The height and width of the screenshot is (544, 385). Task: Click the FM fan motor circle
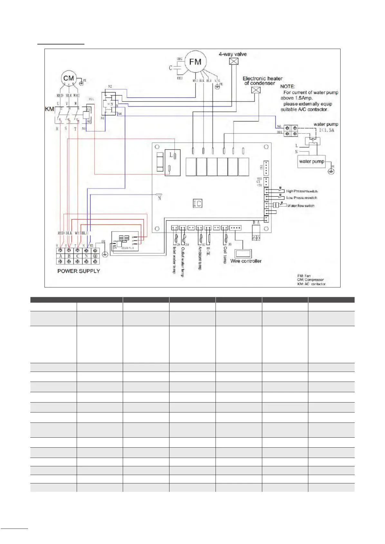pos(195,62)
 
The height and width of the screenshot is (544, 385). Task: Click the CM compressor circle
pos(68,78)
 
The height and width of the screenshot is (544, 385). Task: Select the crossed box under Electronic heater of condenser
pos(255,90)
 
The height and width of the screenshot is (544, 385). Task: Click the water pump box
pos(312,161)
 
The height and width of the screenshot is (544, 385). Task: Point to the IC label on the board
pos(197,203)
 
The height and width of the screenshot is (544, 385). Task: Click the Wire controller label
pos(246,261)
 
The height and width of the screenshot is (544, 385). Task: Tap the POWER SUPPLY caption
pos(79,271)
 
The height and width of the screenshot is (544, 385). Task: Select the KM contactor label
pos(49,109)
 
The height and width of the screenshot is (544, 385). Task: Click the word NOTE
pos(287,86)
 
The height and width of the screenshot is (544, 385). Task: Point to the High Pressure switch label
pos(302,191)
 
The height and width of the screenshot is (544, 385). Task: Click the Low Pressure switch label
pos(302,198)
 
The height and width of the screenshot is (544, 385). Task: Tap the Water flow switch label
pos(301,206)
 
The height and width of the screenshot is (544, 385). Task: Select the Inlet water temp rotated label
pos(174,260)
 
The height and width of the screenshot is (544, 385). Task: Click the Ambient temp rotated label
pos(200,258)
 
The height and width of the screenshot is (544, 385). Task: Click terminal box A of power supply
pos(61,256)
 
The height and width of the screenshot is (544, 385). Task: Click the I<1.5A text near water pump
pos(327,130)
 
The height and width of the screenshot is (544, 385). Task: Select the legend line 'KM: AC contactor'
pos(311,284)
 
